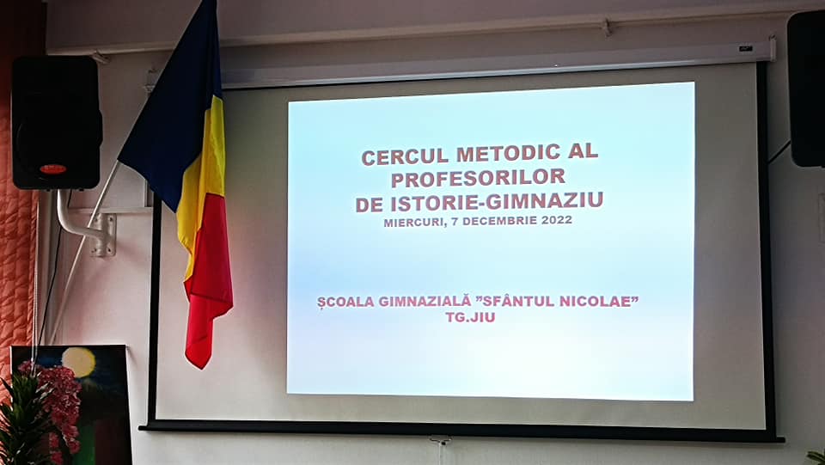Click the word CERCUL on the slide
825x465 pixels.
click(405, 156)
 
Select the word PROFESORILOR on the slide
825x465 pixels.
click(479, 178)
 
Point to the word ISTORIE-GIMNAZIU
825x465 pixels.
click(497, 202)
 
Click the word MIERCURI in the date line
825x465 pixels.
click(414, 223)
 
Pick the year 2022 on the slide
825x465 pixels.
click(557, 220)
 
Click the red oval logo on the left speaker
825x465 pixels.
click(52, 168)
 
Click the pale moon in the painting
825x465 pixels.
click(78, 363)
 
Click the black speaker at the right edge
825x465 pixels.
click(806, 89)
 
